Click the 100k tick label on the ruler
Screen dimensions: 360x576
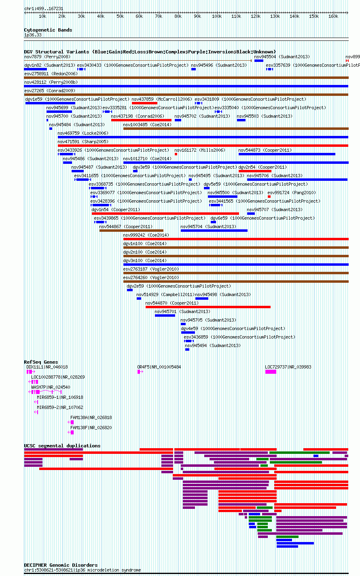pyautogui.click(x=217, y=17)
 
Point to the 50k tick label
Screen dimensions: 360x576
pyautogui.click(x=120, y=17)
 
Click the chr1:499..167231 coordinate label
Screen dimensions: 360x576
pyautogui.click(x=44, y=8)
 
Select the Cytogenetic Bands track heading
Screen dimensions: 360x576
pyautogui.click(x=48, y=30)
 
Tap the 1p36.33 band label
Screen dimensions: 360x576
pyautogui.click(x=33, y=35)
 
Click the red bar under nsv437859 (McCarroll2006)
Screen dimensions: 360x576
pyautogui.click(x=144, y=103)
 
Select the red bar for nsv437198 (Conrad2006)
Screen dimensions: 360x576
pyautogui.click(x=142, y=120)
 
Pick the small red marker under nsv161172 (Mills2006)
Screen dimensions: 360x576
pyautogui.click(x=176, y=154)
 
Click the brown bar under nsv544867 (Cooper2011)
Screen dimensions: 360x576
pyautogui.click(x=131, y=231)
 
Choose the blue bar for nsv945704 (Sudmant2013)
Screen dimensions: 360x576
pyautogui.click(x=214, y=231)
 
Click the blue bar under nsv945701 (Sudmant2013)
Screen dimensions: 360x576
pyautogui.click(x=165, y=315)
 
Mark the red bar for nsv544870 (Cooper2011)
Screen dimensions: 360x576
pyautogui.click(x=208, y=307)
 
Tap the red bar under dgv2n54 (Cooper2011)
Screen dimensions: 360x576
pyautogui.click(x=255, y=171)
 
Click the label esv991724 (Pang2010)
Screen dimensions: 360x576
pyautogui.click(x=292, y=193)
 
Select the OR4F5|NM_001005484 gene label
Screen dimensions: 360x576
pyautogui.click(x=159, y=367)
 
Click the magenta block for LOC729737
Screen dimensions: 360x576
pyautogui.click(x=271, y=372)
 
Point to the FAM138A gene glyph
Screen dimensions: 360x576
pyautogui.click(x=71, y=422)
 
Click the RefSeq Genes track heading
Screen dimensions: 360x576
pyautogui.click(x=41, y=362)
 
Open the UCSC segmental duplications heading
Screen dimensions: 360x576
pyautogui.click(x=62, y=446)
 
